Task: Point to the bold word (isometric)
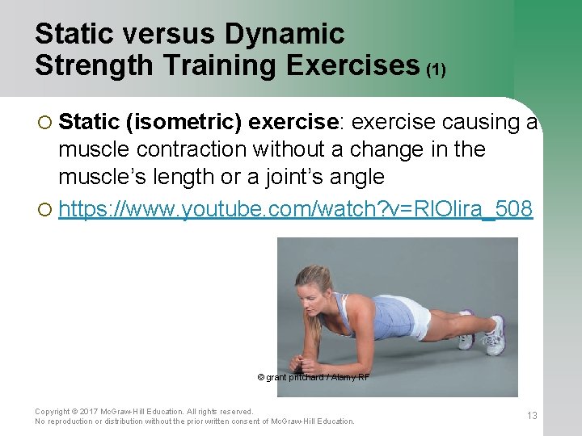183,122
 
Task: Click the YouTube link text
296,209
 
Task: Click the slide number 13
532,416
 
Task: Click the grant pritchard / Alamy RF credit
314,377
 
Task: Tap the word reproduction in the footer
70,421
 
